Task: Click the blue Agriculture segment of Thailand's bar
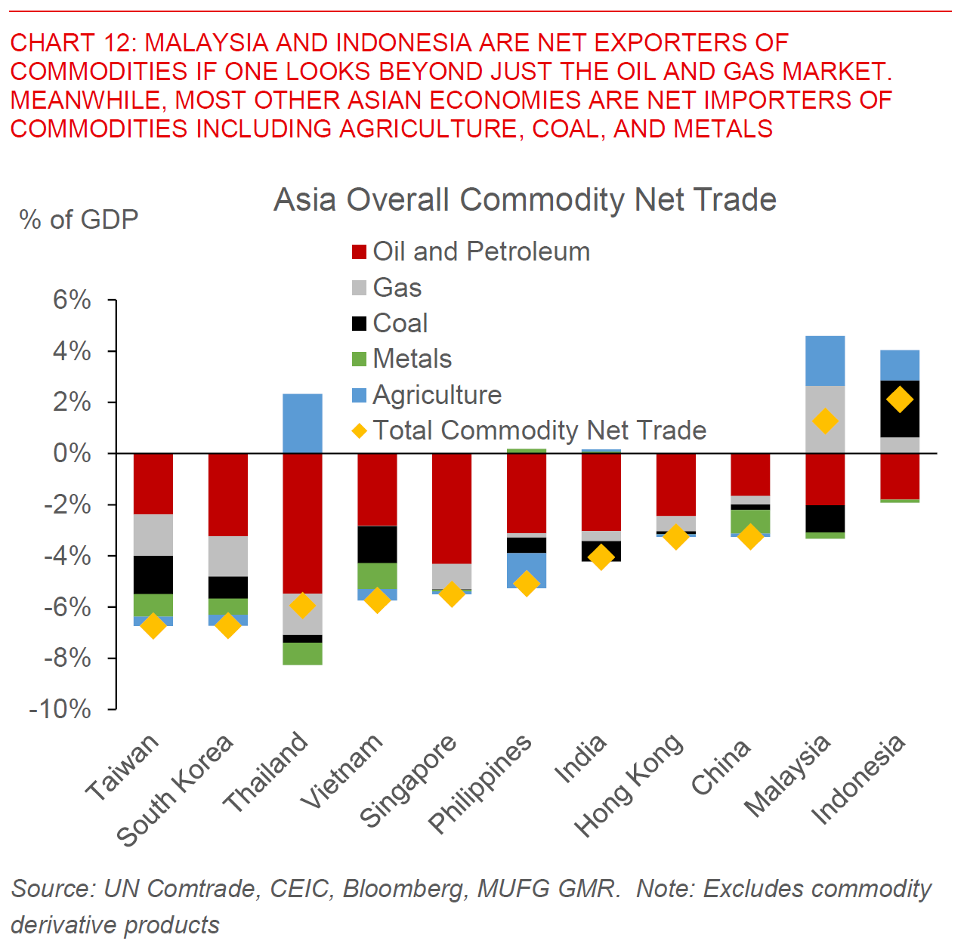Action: [x=302, y=423]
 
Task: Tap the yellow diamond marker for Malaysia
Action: [x=825, y=421]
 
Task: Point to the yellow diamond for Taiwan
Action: [x=153, y=625]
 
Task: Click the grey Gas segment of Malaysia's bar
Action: [x=825, y=419]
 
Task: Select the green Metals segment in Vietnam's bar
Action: [x=377, y=575]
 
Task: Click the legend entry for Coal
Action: [x=400, y=323]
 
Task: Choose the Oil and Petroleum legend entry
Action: [x=480, y=251]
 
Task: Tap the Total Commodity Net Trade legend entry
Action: [x=539, y=430]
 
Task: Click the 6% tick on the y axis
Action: [x=72, y=301]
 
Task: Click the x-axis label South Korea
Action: [x=175, y=789]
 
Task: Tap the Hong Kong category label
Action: [x=629, y=785]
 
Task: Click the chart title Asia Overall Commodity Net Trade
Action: [x=525, y=200]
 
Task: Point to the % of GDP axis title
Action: [x=79, y=220]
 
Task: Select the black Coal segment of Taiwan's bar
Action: [x=153, y=575]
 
